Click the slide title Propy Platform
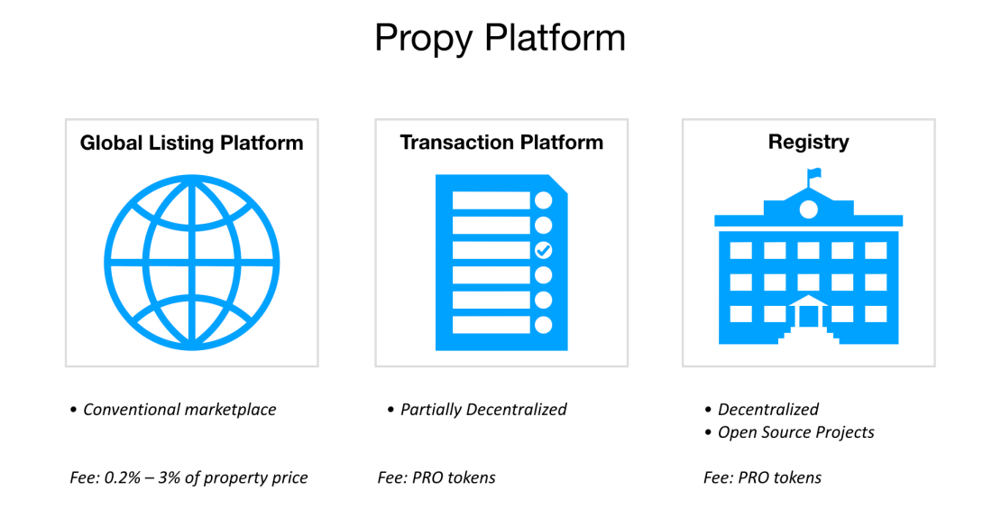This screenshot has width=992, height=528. [500, 38]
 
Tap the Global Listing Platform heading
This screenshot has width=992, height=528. [191, 143]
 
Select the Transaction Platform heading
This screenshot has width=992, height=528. [501, 142]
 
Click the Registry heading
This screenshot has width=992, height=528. [808, 142]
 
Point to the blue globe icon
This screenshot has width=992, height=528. [191, 263]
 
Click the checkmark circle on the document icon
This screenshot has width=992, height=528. [543, 250]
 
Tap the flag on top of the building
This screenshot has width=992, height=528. [814, 174]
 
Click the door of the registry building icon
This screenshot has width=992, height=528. [808, 316]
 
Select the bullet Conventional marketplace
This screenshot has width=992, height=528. [179, 410]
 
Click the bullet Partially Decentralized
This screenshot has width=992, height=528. [483, 410]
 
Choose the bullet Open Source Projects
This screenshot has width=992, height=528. [795, 432]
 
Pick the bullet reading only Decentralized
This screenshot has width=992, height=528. [767, 410]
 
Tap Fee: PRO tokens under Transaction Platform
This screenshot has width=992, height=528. [436, 477]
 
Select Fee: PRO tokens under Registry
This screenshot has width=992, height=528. [762, 477]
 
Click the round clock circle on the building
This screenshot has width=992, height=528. [808, 209]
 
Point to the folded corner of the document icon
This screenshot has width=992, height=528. [558, 183]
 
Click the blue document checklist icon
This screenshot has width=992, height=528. [501, 263]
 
